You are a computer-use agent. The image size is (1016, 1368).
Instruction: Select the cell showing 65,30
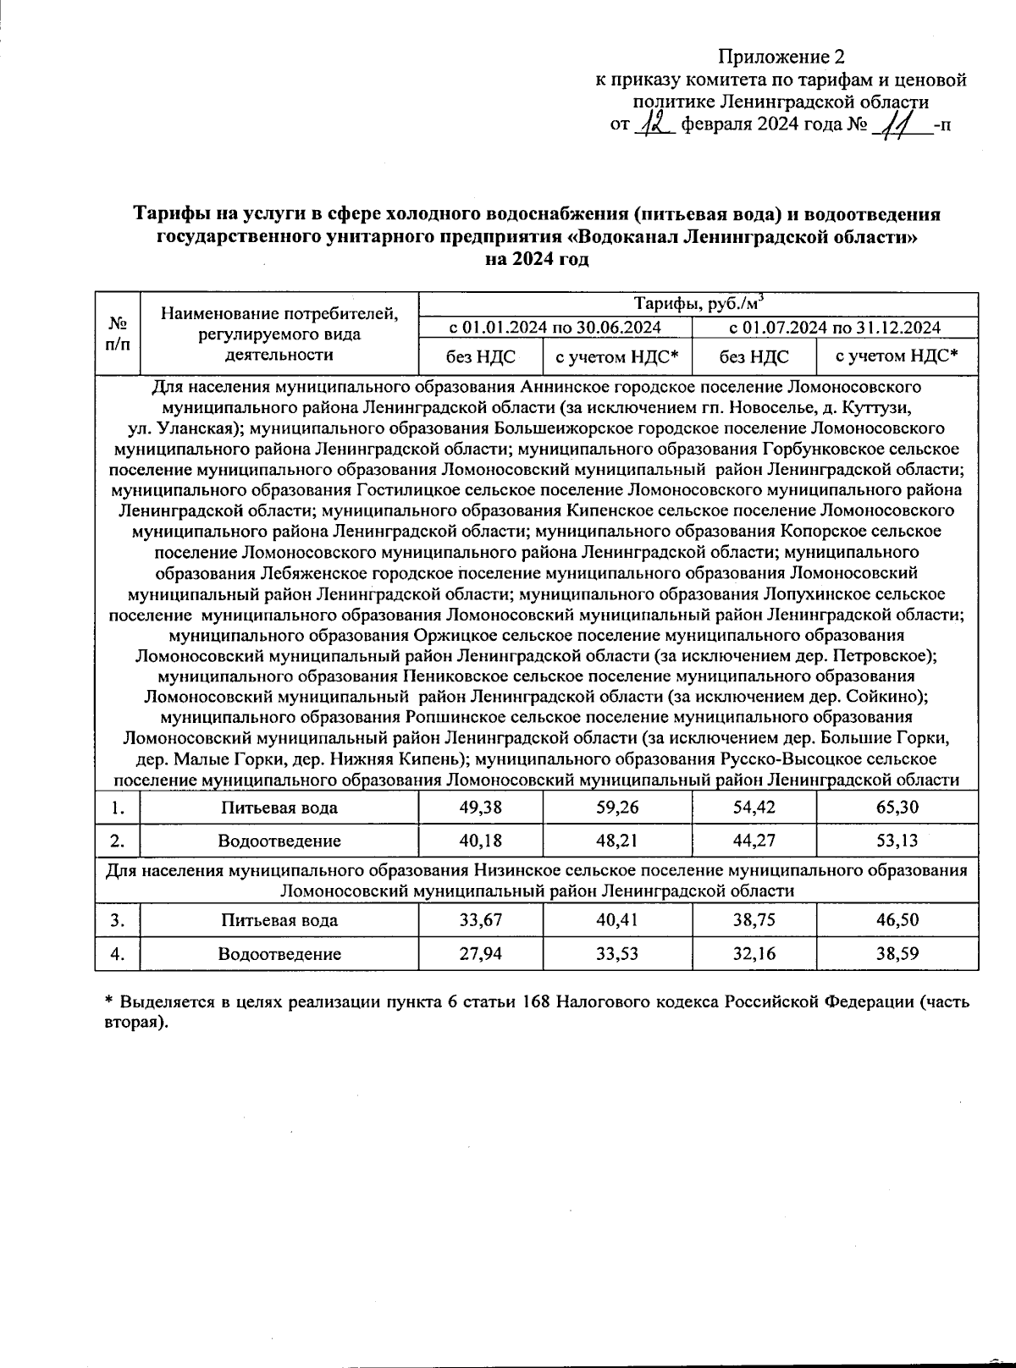point(897,808)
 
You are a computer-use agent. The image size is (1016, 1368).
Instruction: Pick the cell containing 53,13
point(897,841)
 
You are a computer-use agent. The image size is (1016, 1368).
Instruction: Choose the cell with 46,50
point(897,920)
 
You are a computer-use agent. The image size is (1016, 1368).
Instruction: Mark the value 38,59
point(897,954)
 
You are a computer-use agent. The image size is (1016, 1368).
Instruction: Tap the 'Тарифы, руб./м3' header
point(698,303)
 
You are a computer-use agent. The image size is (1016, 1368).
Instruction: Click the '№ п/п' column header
point(119,333)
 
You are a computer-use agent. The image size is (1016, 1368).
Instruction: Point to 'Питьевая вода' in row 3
point(279,920)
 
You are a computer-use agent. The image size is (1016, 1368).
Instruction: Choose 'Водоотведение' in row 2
point(279,841)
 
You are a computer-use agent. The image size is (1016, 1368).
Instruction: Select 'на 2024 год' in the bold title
point(536,260)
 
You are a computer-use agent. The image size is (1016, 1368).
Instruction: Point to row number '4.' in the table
point(119,954)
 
